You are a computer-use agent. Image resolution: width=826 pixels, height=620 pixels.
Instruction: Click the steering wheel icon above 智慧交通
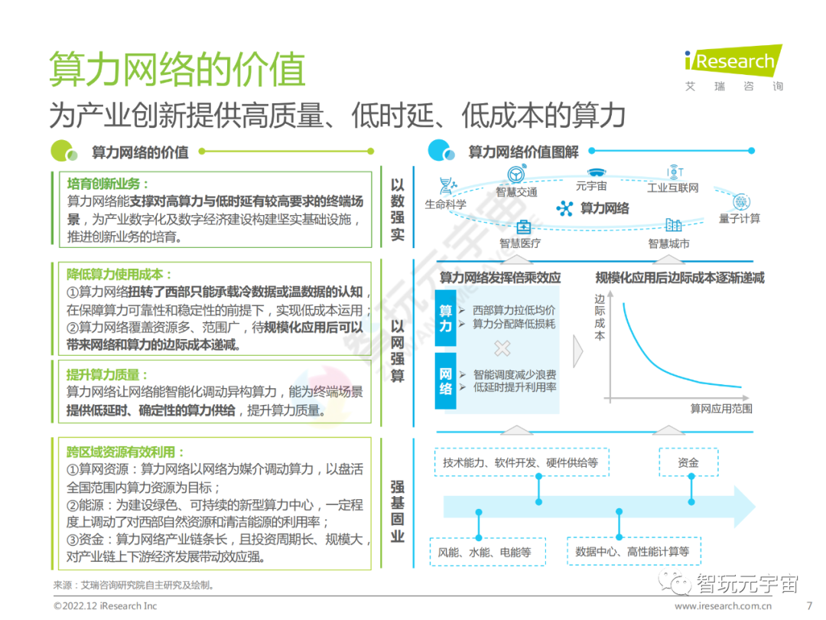[516, 175]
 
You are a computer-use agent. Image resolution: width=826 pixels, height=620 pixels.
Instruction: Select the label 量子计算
[740, 219]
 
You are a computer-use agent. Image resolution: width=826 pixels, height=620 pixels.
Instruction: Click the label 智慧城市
[668, 243]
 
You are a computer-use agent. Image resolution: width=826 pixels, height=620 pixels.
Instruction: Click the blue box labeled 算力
[446, 318]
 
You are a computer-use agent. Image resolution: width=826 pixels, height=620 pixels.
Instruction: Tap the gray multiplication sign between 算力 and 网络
[502, 349]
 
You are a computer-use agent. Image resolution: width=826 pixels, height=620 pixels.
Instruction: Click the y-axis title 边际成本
[600, 317]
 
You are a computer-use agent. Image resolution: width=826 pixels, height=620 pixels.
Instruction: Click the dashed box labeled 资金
[688, 462]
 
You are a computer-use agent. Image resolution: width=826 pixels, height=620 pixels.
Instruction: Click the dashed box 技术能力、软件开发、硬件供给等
[520, 462]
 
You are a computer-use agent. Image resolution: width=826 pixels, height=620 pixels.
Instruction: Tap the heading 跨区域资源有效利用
[126, 452]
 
